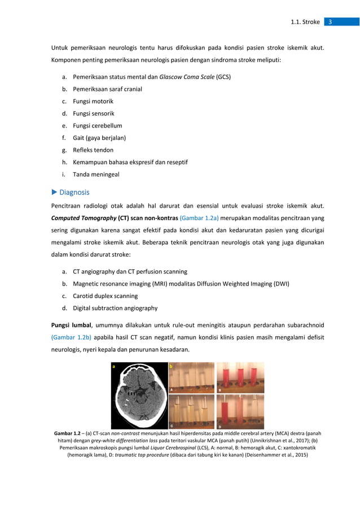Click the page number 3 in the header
(x=330, y=22)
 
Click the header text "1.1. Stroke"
(x=305, y=22)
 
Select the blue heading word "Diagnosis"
(x=74, y=192)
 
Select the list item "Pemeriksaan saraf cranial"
(x=107, y=89)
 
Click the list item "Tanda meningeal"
(x=96, y=174)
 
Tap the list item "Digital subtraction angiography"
(x=115, y=308)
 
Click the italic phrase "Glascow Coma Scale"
(x=186, y=77)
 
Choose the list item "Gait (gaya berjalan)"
(x=99, y=138)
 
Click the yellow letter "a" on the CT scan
(x=114, y=367)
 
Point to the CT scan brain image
(x=139, y=395)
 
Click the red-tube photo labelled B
(x=240, y=378)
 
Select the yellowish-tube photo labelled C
(x=192, y=411)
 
